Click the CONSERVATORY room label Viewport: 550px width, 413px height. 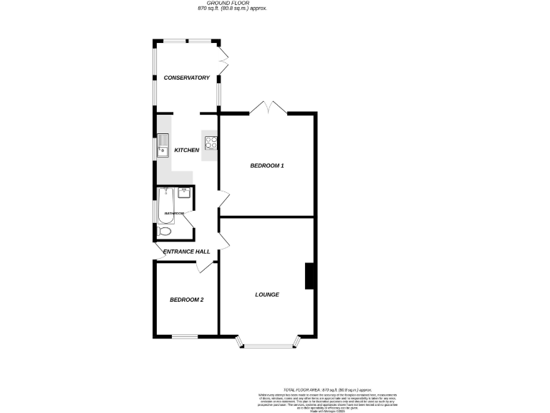[x=186, y=77]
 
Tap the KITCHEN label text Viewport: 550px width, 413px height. [x=186, y=150]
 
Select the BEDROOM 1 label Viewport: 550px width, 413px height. [x=266, y=166]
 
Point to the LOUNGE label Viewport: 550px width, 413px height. [x=266, y=295]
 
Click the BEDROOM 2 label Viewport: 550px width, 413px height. [x=186, y=300]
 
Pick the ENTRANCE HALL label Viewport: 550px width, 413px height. [x=186, y=252]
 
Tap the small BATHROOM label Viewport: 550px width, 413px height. [x=175, y=214]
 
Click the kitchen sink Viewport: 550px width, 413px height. [x=163, y=146]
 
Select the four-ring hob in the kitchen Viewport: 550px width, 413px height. [x=211, y=141]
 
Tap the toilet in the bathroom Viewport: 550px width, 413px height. [x=164, y=231]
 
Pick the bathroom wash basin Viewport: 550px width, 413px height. [x=185, y=192]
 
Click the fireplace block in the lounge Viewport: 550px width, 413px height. [x=310, y=276]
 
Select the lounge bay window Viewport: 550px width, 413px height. [x=266, y=345]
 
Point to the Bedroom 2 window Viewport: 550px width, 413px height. [x=184, y=336]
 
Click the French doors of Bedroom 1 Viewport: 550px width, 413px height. [x=268, y=109]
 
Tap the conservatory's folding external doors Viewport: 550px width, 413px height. [x=223, y=63]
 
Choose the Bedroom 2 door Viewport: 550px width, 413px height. [x=206, y=267]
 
